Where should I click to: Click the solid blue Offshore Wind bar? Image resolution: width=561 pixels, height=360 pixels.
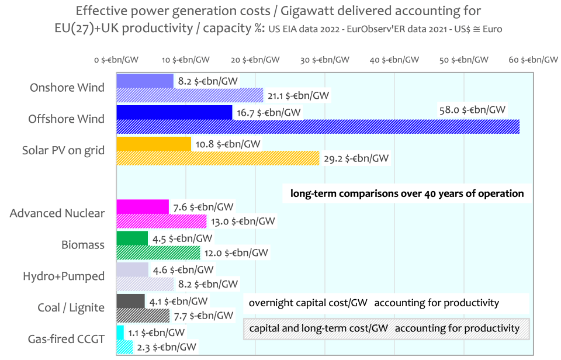(x=174, y=112)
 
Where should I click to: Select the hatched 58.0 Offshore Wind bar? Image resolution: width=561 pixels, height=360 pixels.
(x=318, y=126)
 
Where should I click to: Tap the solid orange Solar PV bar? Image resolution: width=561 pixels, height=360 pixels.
(x=154, y=143)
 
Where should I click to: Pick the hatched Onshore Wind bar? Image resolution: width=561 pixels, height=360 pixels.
(x=190, y=95)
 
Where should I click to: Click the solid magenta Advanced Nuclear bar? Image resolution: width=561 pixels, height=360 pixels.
(x=143, y=206)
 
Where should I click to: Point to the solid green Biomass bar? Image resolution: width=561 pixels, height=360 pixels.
(x=132, y=238)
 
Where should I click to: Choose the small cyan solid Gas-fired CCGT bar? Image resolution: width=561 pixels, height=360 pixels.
(x=120, y=332)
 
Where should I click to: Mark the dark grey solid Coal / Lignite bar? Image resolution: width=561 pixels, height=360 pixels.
(x=131, y=301)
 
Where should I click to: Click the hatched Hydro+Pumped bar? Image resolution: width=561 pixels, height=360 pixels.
(x=145, y=284)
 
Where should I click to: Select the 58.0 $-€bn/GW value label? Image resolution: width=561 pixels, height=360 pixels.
(x=474, y=109)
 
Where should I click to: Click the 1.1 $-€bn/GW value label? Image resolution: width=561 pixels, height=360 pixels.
(x=156, y=333)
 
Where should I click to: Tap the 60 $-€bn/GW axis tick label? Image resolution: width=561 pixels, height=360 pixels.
(x=534, y=60)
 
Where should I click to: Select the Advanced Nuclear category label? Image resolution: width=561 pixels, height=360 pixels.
(x=57, y=213)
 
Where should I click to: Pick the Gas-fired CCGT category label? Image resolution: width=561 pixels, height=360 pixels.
(x=67, y=339)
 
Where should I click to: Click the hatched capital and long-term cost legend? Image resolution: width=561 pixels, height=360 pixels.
(x=386, y=328)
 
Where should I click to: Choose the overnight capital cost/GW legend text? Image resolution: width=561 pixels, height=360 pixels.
(x=374, y=303)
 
